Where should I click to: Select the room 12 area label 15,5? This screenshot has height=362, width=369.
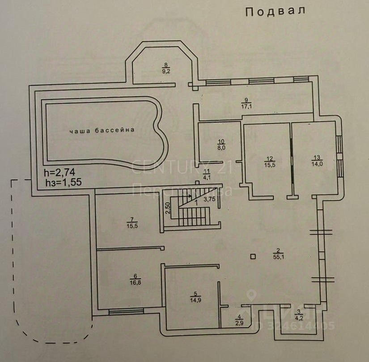coord(269,164)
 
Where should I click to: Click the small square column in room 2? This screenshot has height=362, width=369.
coord(254,256)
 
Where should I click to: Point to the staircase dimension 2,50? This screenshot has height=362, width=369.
coord(167,209)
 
